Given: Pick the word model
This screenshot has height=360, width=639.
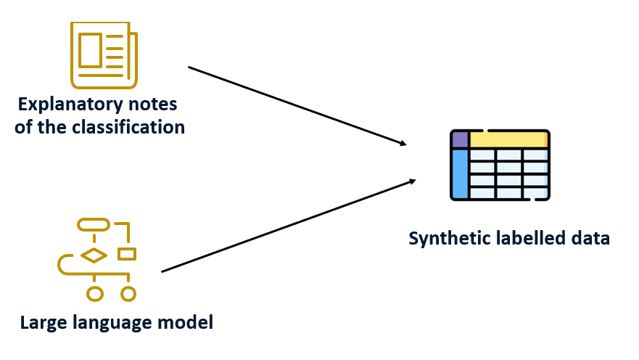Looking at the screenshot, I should point(186,322).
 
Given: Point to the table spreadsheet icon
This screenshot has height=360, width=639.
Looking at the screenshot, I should point(500,165).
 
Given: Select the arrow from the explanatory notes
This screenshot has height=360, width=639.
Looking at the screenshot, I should point(297,106).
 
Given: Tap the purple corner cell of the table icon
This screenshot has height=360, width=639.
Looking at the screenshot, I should point(460,139).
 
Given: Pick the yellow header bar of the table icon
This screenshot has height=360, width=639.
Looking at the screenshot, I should point(508,139).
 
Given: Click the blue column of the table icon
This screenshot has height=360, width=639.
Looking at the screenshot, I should point(460,173).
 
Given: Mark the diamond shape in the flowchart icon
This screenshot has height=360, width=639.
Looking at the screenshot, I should point(94,255).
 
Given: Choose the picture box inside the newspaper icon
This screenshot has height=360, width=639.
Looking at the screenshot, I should point(91,50).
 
